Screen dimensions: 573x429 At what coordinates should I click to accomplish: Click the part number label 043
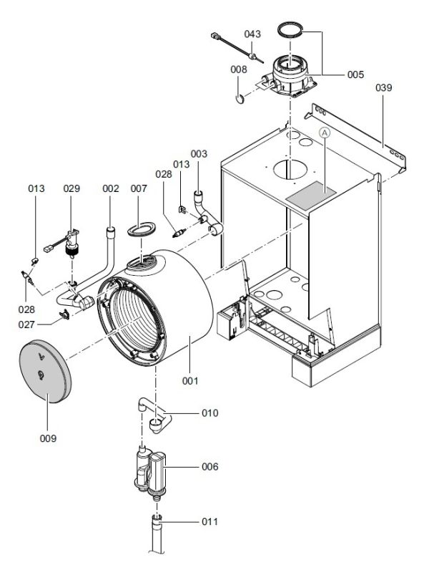[252, 34]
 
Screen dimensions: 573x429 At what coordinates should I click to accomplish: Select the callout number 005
[355, 74]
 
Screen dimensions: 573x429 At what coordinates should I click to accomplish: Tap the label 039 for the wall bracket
[384, 87]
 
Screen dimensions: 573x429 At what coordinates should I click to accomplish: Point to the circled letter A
[325, 133]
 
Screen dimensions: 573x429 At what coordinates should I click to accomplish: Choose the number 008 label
[239, 69]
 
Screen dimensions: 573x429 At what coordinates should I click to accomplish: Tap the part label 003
[199, 154]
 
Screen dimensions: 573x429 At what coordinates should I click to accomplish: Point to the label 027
[29, 324]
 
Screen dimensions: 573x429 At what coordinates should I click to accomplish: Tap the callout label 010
[209, 413]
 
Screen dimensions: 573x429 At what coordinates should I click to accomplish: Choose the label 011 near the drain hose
[209, 521]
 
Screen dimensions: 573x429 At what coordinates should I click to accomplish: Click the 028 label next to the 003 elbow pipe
[164, 174]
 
